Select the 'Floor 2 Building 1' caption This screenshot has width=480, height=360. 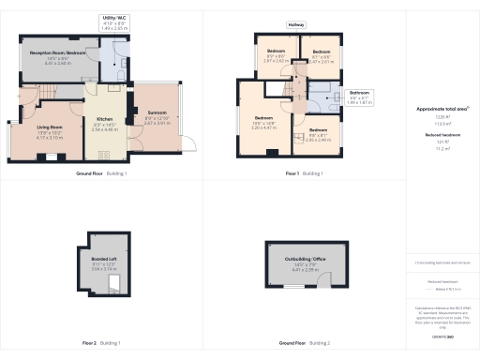102,343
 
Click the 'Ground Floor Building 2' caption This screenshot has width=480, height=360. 304,343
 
